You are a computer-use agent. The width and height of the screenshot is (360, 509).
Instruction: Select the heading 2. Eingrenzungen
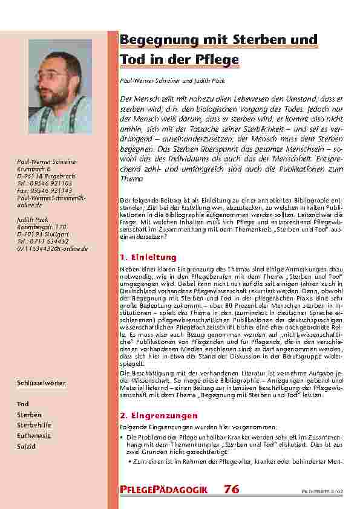tap(159, 417)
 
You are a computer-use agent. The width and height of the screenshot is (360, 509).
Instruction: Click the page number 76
tap(232, 488)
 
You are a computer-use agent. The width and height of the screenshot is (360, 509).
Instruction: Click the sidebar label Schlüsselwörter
tap(42, 383)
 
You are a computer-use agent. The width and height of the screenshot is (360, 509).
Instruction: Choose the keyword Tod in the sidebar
tap(23, 403)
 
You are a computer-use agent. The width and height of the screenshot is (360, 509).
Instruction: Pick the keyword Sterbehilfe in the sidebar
tap(33, 425)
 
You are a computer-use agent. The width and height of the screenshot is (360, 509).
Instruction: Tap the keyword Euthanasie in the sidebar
tap(34, 435)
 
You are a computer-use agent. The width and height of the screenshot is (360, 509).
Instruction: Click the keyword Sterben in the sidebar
tap(29, 415)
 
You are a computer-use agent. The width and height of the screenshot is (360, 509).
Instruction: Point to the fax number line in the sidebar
tap(45, 191)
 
